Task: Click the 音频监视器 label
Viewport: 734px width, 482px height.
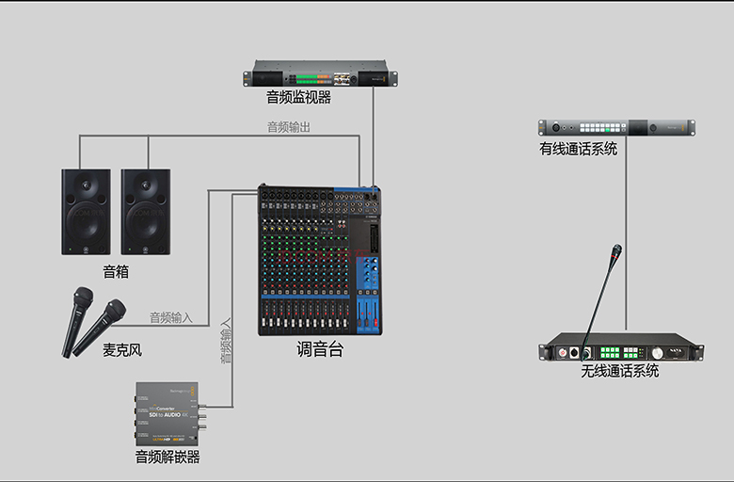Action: coord(298,96)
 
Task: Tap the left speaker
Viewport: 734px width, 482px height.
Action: coord(87,211)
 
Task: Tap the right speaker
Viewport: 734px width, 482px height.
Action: coord(146,211)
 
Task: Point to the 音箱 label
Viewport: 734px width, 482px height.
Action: coord(116,272)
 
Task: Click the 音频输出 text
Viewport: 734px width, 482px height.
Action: coord(288,127)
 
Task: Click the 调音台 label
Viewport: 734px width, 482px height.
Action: coord(320,349)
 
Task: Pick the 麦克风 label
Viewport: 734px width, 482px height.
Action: coord(121,350)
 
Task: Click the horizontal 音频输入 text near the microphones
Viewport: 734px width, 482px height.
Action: coord(171,318)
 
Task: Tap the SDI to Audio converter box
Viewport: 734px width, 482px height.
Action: coord(168,412)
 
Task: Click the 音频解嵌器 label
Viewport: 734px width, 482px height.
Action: coord(168,458)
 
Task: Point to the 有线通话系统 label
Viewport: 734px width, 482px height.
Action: coord(578,148)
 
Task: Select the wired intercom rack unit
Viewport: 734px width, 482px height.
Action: coord(615,127)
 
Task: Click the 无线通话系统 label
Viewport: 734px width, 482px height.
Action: coord(620,371)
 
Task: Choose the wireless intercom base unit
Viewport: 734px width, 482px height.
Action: coord(620,347)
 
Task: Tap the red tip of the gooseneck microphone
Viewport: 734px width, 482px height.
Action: coord(616,251)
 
